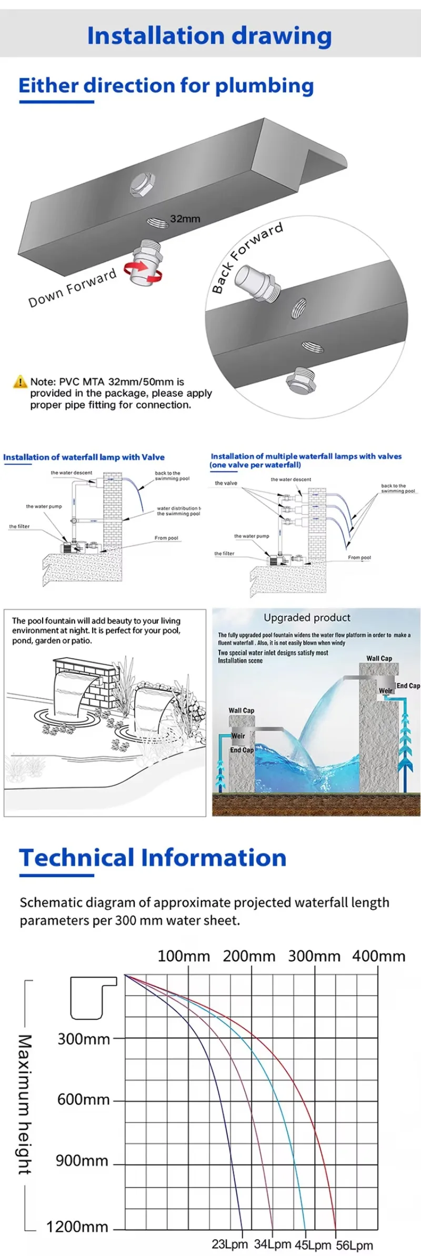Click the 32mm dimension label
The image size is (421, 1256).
pyautogui.click(x=185, y=219)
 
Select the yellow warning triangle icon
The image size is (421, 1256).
pyautogui.click(x=20, y=381)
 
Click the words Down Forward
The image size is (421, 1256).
pyautogui.click(x=72, y=288)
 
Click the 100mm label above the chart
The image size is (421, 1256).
pyautogui.click(x=184, y=956)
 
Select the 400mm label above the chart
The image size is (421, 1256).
pyautogui.click(x=378, y=956)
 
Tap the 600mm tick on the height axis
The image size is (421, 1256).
pyautogui.click(x=84, y=1100)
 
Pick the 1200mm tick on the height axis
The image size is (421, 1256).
pyautogui.click(x=77, y=1227)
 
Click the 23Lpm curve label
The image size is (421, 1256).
pyautogui.click(x=229, y=1244)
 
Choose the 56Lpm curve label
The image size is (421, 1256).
pyautogui.click(x=354, y=1245)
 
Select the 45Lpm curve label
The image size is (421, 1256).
pyautogui.click(x=313, y=1245)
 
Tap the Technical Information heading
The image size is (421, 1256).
pyautogui.click(x=153, y=858)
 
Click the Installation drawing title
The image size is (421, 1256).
pyautogui.click(x=209, y=36)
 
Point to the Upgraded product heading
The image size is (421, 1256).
pyautogui.click(x=307, y=618)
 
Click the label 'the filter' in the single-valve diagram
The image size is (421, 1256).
pyautogui.click(x=19, y=526)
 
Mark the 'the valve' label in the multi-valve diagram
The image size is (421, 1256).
pyautogui.click(x=226, y=483)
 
